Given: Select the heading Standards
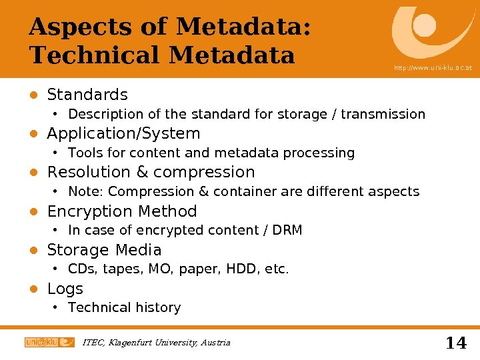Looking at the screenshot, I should point(87,95).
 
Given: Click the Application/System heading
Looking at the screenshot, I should point(123,133).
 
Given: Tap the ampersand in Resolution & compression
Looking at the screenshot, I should point(142,172).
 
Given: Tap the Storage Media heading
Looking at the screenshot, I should point(104,250).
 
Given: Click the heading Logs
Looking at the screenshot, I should point(65,289).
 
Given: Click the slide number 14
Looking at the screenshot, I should point(455,343).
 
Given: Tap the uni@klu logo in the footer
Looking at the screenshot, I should point(49,342).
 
